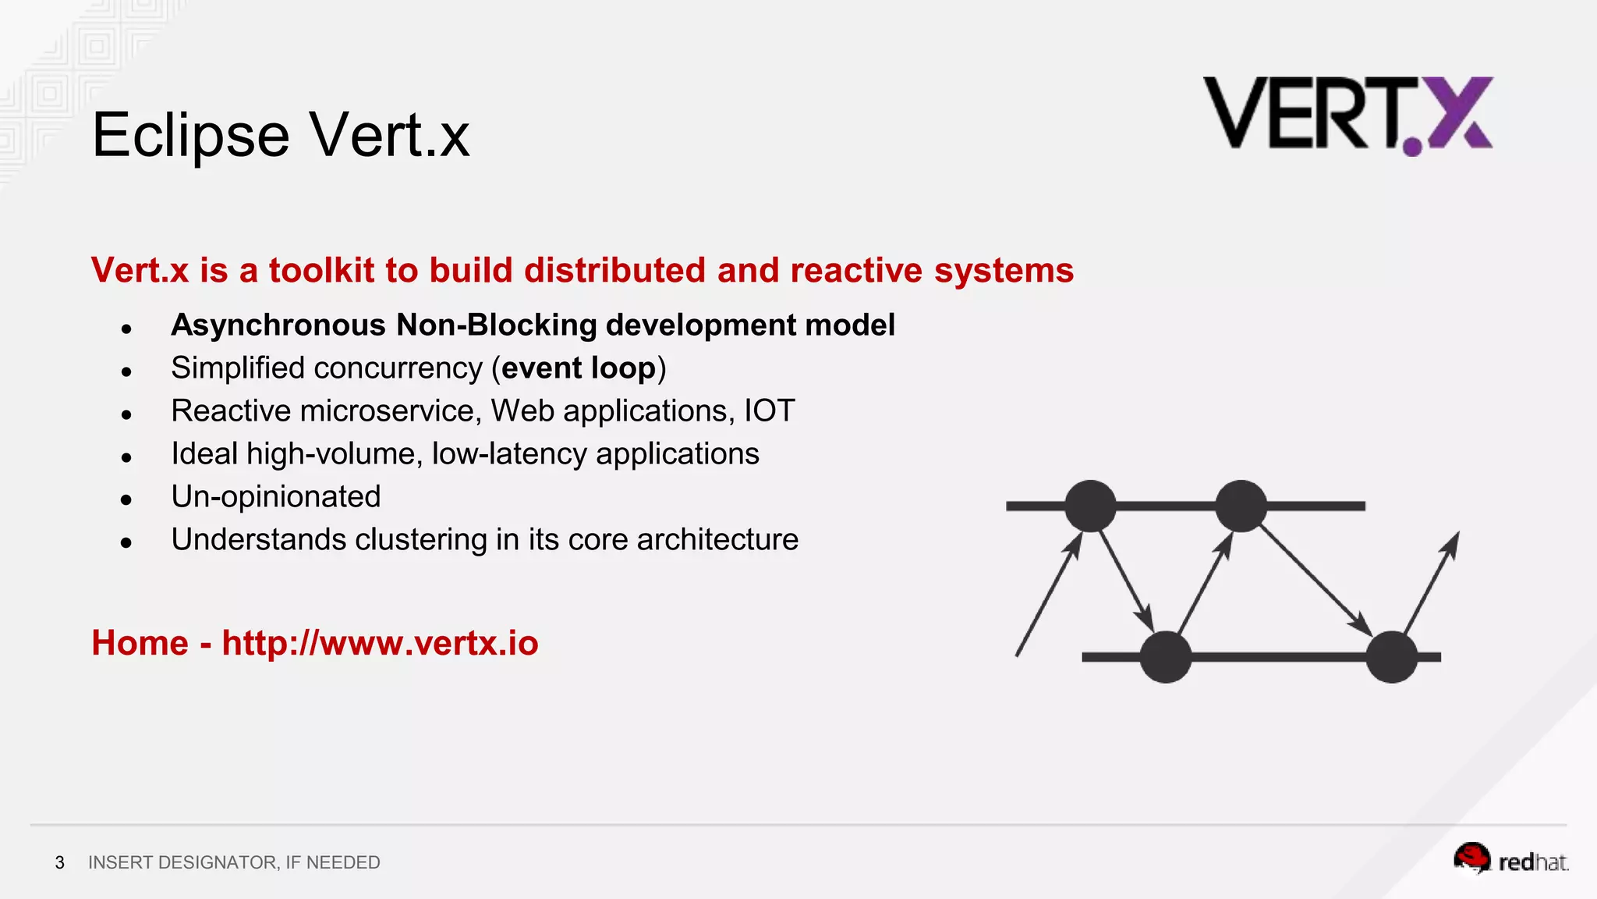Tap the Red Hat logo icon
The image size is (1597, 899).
[1471, 858]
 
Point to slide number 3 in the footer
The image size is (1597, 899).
[60, 862]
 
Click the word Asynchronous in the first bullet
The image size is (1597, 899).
[278, 325]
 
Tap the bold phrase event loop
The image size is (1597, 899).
[579, 368]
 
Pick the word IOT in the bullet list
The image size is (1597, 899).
[769, 411]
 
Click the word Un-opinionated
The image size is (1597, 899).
[276, 497]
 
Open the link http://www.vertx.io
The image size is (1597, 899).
[380, 643]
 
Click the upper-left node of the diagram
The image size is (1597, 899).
[1090, 506]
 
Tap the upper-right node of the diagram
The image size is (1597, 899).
[1241, 506]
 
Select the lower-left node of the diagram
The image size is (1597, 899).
[1166, 657]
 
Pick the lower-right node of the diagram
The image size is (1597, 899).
[1392, 657]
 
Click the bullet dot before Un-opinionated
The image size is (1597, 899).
[126, 500]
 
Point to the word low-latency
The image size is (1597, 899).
[509, 454]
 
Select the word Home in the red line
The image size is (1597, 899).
[140, 643]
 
